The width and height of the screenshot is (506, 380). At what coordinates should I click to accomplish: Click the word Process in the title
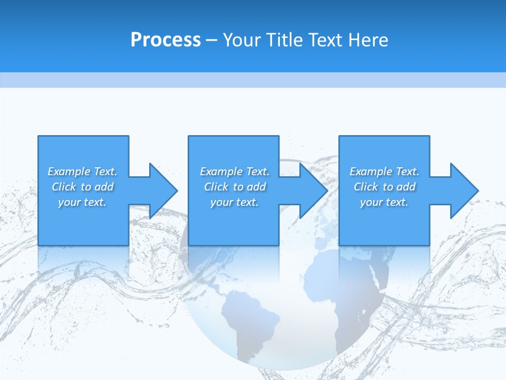click(166, 40)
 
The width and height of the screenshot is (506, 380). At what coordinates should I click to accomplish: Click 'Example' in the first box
click(69, 172)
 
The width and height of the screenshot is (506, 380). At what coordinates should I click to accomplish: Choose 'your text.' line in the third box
click(384, 202)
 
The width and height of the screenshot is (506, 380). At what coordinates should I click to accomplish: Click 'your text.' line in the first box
click(82, 202)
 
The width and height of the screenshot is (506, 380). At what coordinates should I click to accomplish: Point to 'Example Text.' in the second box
click(235, 172)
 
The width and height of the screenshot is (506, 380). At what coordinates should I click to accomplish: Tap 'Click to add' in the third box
click(385, 187)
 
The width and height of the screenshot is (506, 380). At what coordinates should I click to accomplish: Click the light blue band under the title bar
click(253, 80)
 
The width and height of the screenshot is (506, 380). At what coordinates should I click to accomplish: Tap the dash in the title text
click(212, 40)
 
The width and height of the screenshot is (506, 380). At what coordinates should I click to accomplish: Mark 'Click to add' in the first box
click(83, 187)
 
